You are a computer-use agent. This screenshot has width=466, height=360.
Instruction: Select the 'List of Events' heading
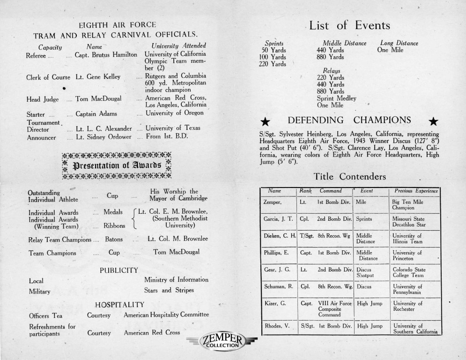[x=349, y=25]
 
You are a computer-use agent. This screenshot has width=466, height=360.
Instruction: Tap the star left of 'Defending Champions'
[x=265, y=122]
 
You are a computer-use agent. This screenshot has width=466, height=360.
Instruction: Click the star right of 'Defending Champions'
[x=434, y=122]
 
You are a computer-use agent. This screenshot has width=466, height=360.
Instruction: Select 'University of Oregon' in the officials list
[x=174, y=113]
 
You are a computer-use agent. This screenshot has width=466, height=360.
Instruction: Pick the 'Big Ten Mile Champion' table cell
[x=414, y=204]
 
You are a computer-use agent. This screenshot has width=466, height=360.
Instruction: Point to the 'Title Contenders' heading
[x=349, y=177]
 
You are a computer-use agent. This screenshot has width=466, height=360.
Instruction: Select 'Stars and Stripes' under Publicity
[x=169, y=290]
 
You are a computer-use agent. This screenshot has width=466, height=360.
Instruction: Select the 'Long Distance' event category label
[x=399, y=43]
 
